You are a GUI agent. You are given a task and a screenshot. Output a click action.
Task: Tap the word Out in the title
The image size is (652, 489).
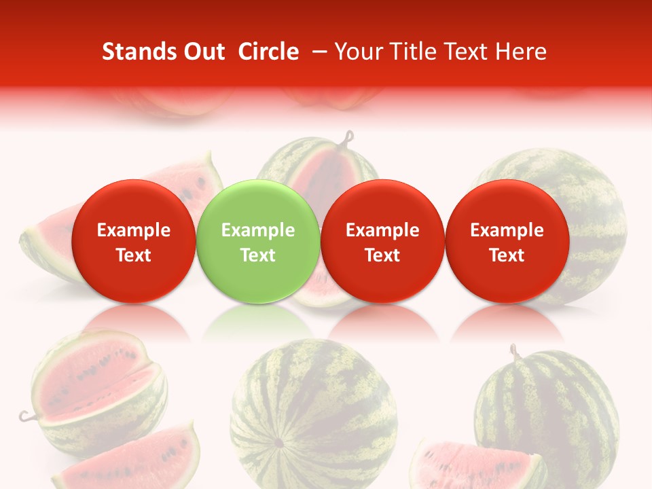click(202, 52)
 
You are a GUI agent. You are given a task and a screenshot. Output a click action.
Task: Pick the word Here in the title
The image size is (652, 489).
click(522, 52)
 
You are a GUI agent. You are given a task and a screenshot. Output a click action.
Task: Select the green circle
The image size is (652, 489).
click(257, 241)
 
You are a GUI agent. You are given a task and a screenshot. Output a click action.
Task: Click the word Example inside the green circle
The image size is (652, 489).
click(257, 230)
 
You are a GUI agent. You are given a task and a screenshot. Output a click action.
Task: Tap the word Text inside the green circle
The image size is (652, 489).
click(257, 255)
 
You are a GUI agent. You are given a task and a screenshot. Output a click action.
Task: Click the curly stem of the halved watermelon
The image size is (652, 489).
click(349, 139)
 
